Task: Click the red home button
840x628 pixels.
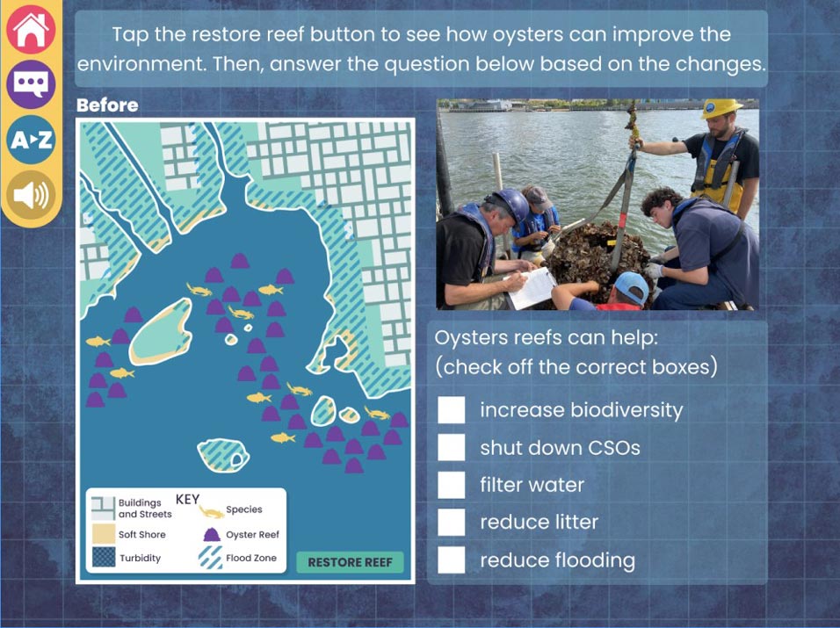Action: [31, 30]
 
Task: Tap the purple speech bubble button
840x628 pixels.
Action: [31, 84]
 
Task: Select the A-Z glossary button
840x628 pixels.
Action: [31, 139]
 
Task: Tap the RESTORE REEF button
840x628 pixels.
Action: [350, 562]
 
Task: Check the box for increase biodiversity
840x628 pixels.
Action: [451, 410]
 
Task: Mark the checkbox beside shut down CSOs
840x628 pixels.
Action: [451, 448]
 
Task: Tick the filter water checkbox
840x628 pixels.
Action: [451, 485]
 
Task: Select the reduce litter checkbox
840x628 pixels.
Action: [451, 522]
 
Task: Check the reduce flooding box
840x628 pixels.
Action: [451, 560]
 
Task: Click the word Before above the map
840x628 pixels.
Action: [107, 105]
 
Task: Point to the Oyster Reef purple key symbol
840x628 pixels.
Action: [212, 534]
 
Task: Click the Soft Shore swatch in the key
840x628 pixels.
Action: [103, 534]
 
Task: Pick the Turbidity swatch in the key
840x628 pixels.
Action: [103, 557]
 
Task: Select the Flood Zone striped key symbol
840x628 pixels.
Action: [210, 558]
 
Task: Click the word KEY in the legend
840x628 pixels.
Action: [187, 500]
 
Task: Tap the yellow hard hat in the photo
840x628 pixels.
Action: [720, 108]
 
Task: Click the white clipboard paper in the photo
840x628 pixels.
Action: [532, 288]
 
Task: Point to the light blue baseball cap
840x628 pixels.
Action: [632, 287]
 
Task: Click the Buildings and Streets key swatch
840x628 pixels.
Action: [103, 508]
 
